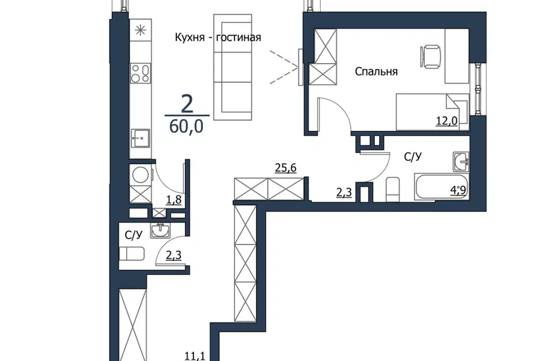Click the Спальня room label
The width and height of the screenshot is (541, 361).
[376, 72]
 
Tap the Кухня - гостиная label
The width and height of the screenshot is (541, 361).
[218, 37]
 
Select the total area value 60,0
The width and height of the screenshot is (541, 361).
[187, 127]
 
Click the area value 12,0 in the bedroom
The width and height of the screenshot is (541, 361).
[446, 121]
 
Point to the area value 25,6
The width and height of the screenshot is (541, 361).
[286, 168]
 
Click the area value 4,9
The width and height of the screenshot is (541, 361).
[459, 190]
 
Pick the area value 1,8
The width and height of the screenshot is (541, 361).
[174, 200]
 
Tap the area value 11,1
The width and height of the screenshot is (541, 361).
[195, 355]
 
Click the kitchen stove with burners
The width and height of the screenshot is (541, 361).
[140, 73]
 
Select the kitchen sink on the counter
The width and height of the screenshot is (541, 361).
[140, 139]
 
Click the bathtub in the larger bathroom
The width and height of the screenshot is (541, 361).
[442, 187]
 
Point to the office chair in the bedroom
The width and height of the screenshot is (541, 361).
[430, 56]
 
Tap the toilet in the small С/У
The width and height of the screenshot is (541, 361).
[131, 254]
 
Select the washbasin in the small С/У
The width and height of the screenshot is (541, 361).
[160, 230]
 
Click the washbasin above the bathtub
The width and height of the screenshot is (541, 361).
[461, 162]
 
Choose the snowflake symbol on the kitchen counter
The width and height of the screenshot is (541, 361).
[140, 30]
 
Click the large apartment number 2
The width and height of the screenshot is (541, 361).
[187, 104]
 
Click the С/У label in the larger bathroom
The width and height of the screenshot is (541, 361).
[413, 157]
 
